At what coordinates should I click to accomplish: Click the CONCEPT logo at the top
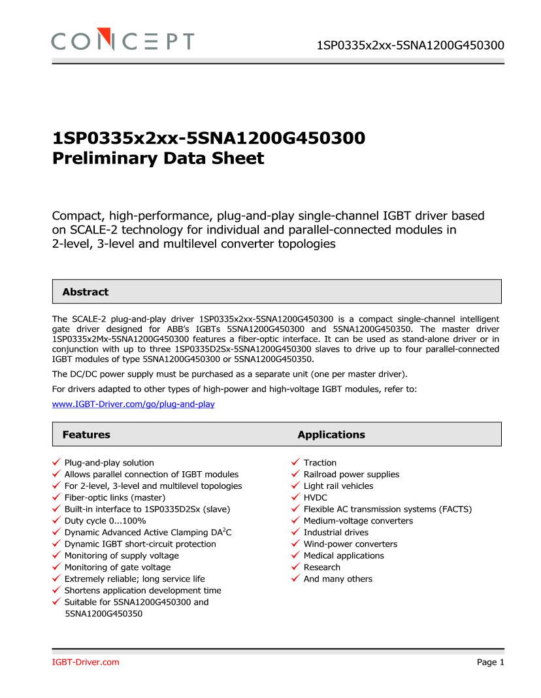[123, 41]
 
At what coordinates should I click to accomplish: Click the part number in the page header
[410, 45]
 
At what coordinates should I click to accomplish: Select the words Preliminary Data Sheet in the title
[158, 158]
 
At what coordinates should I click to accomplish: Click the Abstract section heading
[86, 292]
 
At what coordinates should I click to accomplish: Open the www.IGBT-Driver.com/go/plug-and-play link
[133, 405]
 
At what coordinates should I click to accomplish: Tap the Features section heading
[86, 435]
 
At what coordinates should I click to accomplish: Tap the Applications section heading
[331, 435]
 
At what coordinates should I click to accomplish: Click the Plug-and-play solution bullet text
[109, 463]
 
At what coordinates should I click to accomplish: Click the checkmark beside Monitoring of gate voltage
[57, 567]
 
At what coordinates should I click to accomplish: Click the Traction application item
[320, 463]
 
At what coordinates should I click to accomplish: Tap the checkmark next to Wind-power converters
[296, 544]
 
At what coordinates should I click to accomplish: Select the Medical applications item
[344, 556]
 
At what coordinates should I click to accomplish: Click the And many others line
[338, 579]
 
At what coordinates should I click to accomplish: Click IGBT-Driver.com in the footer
[86, 663]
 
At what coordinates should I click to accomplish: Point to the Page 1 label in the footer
[491, 663]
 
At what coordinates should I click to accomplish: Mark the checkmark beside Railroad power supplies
[296, 474]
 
